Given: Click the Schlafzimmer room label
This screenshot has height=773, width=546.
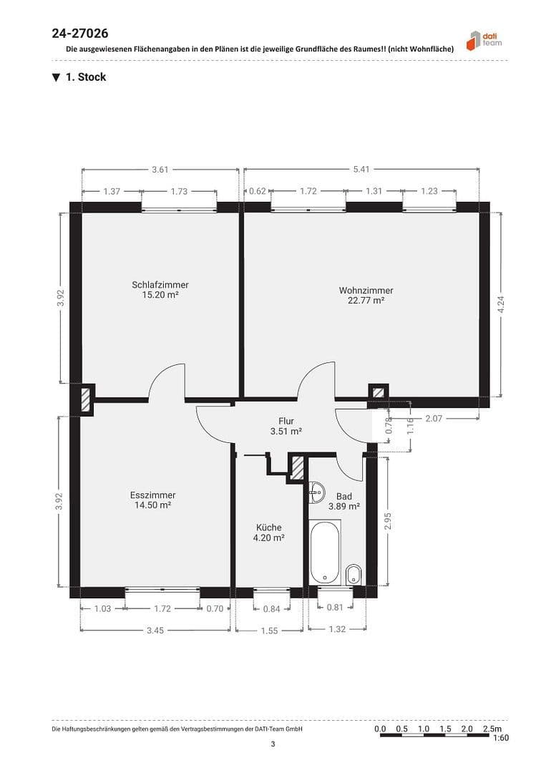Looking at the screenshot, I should pos(160,289).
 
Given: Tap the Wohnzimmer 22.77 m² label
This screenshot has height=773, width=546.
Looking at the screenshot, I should pos(366,295).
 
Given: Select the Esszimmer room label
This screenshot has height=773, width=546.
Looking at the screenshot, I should pos(152,500).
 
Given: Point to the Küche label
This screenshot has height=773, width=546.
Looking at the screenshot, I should pos(270,533).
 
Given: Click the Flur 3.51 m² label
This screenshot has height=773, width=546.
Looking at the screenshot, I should pos(286,427).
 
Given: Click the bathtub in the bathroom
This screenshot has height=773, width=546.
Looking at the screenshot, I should pos(325,552).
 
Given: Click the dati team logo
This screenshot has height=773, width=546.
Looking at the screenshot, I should pos(484,40).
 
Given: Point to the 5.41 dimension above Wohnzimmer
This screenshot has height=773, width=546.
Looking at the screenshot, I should pos(361,170).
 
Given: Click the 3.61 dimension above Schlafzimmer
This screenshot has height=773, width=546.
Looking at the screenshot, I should pos(160,170).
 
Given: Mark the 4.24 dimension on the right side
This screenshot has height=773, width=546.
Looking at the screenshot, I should pos(501,304).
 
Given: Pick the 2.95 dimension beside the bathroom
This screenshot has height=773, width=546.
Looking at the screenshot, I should pos(388,521).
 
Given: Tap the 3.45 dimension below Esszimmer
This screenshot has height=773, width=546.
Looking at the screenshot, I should pos(155,630).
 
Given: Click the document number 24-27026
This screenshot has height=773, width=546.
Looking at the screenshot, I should pos(80,33).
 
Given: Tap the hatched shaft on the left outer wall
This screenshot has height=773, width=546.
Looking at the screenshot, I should pos(86,399).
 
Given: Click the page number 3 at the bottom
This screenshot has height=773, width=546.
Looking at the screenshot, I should pos(273,744).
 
